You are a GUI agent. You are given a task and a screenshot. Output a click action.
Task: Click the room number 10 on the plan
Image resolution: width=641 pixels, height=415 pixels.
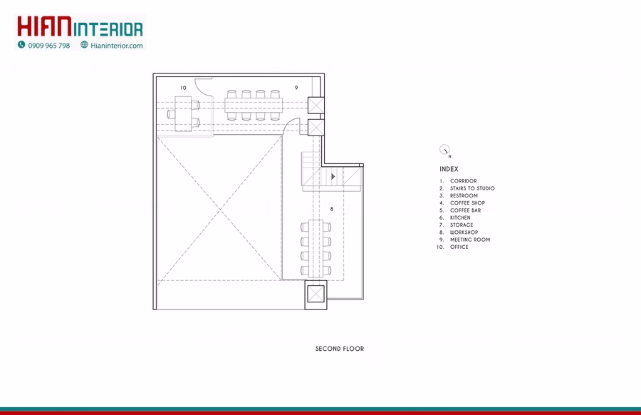[183, 88]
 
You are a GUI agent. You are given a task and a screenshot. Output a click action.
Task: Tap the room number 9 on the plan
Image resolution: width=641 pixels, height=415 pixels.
[296, 88]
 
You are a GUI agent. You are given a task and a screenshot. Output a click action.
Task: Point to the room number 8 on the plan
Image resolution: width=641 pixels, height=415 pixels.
[331, 209]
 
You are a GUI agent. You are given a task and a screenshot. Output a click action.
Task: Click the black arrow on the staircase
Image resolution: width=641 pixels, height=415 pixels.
[333, 176]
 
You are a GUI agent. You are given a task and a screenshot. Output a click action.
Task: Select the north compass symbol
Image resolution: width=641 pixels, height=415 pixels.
[444, 150]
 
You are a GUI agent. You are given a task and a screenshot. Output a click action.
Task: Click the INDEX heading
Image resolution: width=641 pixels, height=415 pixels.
[449, 169]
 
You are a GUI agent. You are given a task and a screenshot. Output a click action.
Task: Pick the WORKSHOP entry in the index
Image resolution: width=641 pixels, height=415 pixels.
[464, 232]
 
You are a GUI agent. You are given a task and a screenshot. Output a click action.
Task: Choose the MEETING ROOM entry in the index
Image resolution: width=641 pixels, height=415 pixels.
[470, 240]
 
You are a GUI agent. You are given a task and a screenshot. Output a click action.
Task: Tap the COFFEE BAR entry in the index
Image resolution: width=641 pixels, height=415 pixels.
[466, 210]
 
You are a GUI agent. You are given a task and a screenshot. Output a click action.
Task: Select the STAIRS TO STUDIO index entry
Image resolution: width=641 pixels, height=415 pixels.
[472, 188]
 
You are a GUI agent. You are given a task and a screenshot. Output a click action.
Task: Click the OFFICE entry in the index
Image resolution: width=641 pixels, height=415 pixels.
[459, 247]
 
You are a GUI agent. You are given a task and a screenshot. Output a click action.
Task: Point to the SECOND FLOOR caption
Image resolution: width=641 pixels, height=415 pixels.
[340, 349]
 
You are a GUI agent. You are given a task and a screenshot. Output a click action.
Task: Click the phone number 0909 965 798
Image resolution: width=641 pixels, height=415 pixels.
[49, 46]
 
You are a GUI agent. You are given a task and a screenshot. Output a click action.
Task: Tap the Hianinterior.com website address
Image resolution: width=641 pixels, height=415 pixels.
[117, 46]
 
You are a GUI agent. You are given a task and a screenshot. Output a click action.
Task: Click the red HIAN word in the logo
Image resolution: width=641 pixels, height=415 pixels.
[44, 26]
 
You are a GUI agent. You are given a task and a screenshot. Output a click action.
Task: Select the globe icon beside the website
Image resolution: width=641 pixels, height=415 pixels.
[84, 45]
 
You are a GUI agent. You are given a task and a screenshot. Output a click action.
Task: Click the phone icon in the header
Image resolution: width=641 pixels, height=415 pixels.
[21, 45]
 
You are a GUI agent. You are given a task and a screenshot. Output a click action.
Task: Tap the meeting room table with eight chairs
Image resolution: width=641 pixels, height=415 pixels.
[254, 106]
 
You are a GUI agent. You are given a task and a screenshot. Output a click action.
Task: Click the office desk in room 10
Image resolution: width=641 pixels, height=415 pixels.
[183, 113]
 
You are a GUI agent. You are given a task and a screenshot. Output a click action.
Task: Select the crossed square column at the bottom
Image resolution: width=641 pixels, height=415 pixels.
[316, 294]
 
